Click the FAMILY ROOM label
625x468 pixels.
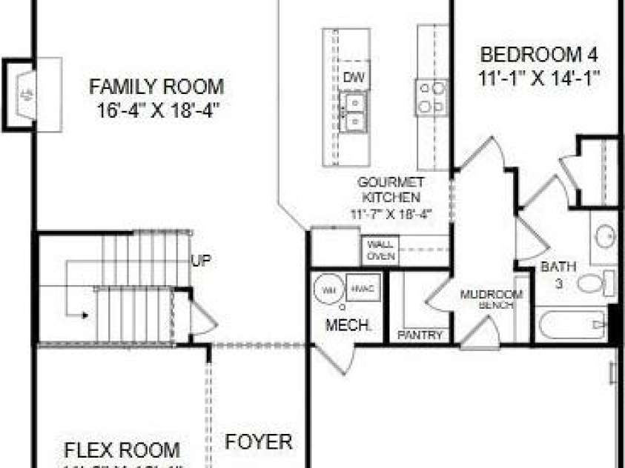156,87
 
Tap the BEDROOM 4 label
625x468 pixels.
539,54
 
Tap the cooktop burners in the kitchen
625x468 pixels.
431,97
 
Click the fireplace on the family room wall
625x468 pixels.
25,95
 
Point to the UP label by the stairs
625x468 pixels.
200,261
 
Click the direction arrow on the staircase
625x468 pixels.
84,315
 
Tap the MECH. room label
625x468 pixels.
343,325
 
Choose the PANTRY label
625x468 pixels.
420,335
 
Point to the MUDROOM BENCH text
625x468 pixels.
492,298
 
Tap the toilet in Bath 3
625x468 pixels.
594,283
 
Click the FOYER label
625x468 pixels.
259,442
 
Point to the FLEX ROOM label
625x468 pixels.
122,450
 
